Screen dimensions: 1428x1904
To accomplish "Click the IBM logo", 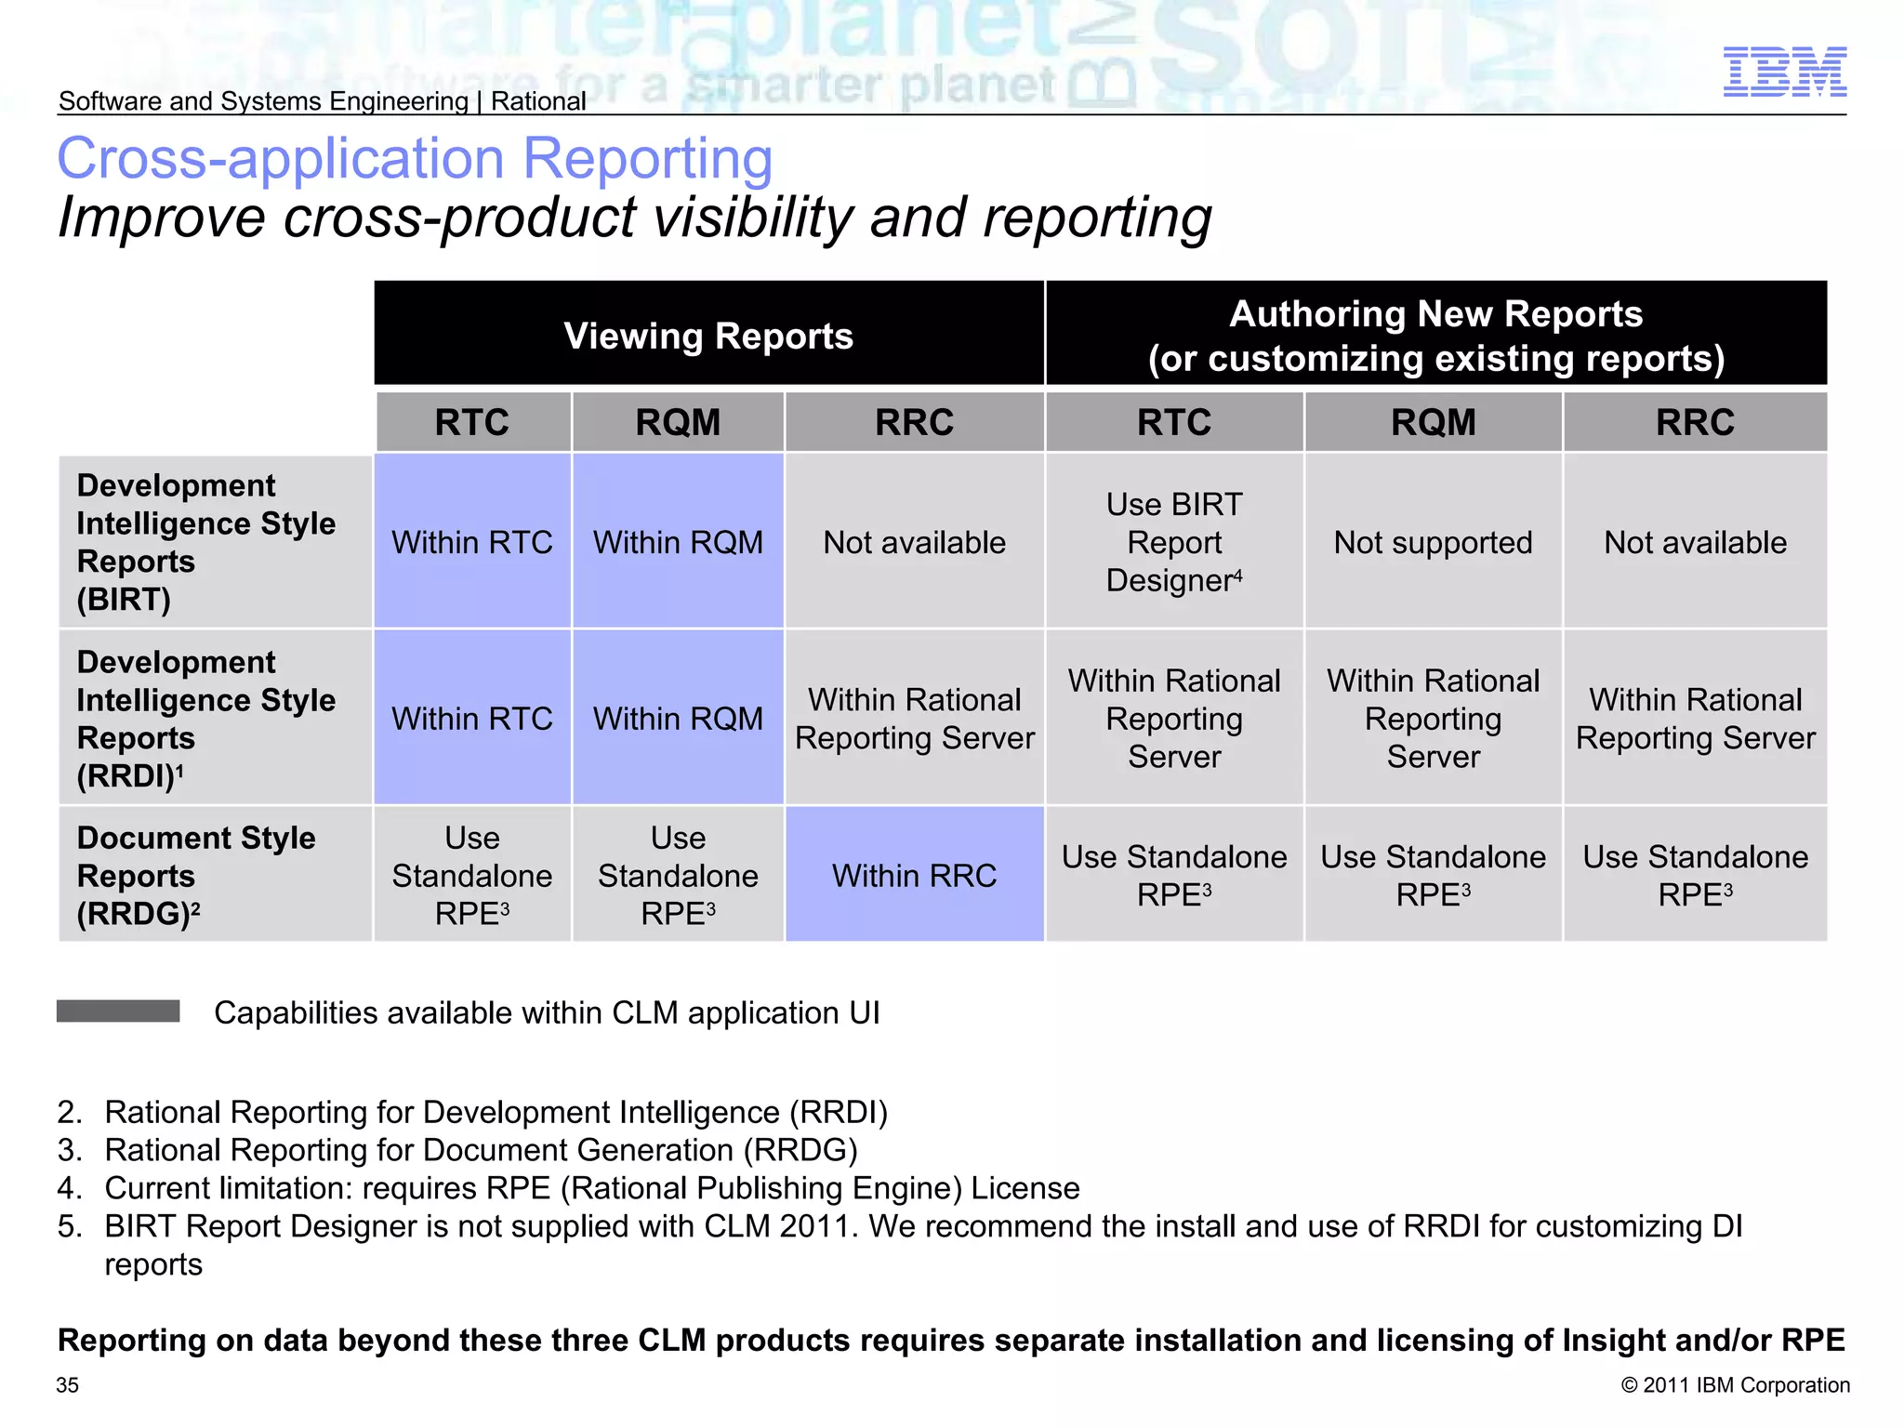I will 1784,72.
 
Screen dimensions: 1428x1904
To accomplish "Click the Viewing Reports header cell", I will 708,336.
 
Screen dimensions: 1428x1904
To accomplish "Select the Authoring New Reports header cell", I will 1435,336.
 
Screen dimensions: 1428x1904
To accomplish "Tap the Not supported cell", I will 1433,542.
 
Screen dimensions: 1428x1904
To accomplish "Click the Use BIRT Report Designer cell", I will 1174,542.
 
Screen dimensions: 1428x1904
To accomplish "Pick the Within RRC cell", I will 914,876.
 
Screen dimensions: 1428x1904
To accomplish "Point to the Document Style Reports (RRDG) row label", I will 196,876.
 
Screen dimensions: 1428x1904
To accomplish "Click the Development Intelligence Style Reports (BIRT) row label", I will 205,542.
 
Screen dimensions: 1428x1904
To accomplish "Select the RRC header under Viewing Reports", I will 914,423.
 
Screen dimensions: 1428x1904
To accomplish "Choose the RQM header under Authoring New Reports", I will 1433,423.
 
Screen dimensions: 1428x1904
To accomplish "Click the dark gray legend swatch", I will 118,1011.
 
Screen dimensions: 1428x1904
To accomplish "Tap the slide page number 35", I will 68,1385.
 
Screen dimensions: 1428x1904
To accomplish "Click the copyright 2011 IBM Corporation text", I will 1735,1385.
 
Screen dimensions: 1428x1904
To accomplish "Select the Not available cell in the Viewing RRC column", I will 914,542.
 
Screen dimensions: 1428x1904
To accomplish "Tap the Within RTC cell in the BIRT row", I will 472,542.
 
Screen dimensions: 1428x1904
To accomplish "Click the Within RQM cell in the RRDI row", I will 678,719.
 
